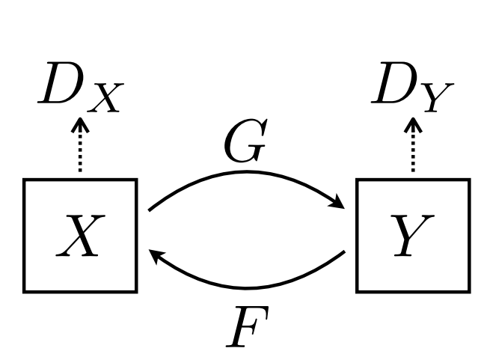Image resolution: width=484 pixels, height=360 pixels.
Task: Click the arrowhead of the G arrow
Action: click(x=340, y=204)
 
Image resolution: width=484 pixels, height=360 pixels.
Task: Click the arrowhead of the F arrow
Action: click(x=155, y=257)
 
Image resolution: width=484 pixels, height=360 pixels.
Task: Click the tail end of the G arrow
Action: click(x=150, y=209)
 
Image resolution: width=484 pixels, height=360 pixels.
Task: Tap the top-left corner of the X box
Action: click(x=25, y=180)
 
